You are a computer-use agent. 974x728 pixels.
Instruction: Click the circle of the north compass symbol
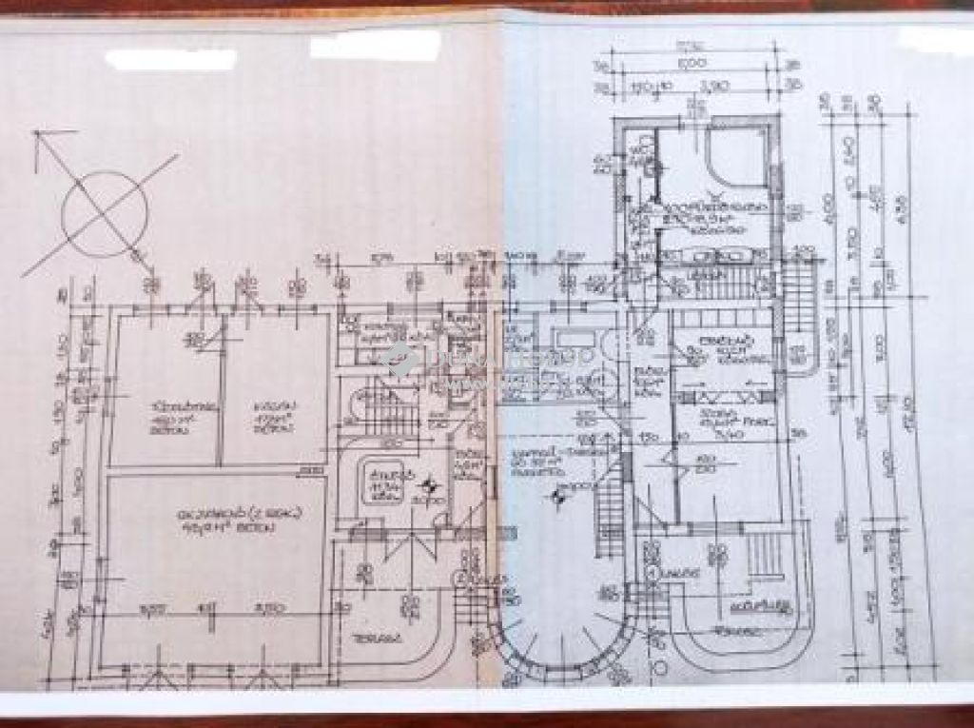[104, 213]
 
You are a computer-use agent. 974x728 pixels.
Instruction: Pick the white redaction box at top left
[170, 59]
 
